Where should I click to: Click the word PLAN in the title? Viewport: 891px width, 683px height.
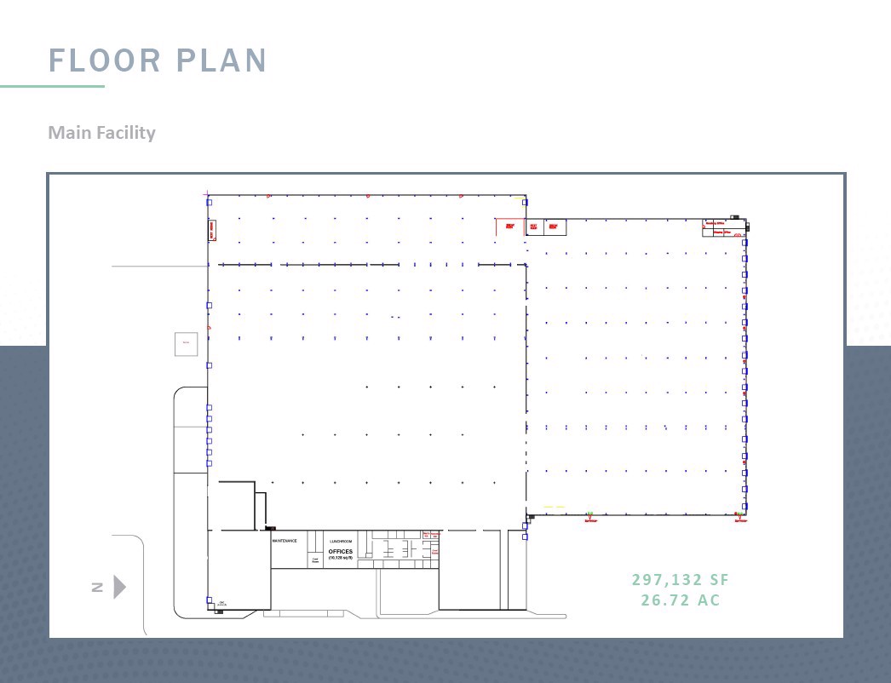click(222, 60)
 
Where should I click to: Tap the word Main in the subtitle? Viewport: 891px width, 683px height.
click(67, 133)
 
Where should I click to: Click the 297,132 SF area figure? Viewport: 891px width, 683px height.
click(681, 580)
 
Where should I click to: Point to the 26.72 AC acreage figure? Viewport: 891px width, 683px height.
click(681, 600)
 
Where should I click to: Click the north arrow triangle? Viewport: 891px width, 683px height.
click(119, 587)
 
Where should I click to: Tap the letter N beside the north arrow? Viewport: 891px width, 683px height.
click(97, 587)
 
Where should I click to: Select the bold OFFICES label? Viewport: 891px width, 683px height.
click(340, 552)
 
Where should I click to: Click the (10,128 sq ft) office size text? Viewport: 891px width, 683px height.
click(340, 559)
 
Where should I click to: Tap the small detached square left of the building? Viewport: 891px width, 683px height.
click(186, 343)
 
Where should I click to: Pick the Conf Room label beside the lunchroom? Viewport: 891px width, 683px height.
click(315, 560)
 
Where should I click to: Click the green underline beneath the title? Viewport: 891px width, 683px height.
click(52, 86)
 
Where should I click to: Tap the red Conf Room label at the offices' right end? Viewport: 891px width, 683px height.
click(435, 552)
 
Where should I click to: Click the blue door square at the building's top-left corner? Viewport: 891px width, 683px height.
click(209, 202)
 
